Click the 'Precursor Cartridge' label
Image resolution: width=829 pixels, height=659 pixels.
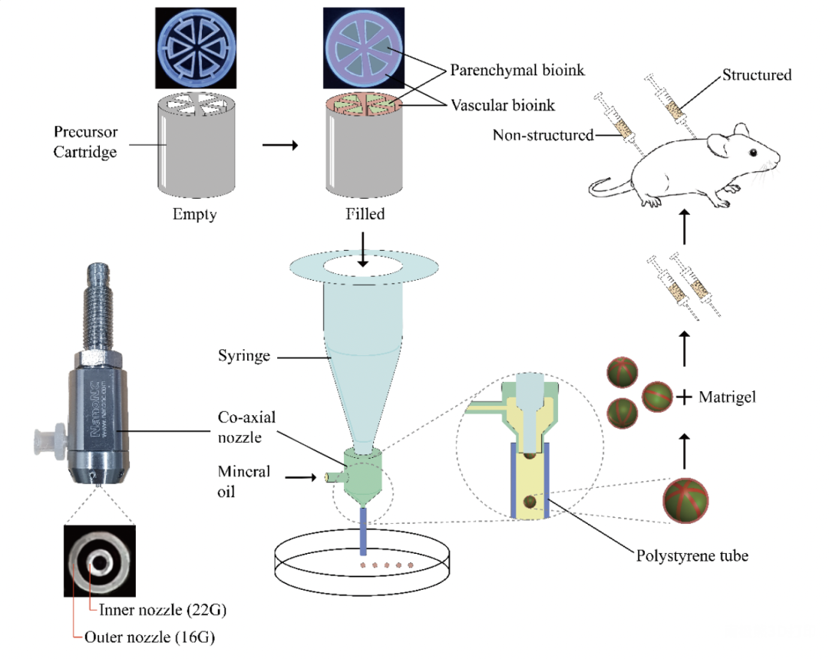pyautogui.click(x=85, y=142)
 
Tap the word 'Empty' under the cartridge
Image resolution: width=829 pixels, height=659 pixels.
pyautogui.click(x=195, y=214)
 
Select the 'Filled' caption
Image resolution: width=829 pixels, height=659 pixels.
pyautogui.click(x=364, y=214)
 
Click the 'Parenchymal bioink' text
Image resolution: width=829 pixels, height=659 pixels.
pyautogui.click(x=517, y=71)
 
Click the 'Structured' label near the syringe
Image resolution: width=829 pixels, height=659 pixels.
pyautogui.click(x=757, y=75)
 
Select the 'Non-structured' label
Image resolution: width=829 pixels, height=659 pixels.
pyautogui.click(x=543, y=135)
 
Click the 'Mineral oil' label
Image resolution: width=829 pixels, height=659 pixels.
pyautogui.click(x=243, y=479)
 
